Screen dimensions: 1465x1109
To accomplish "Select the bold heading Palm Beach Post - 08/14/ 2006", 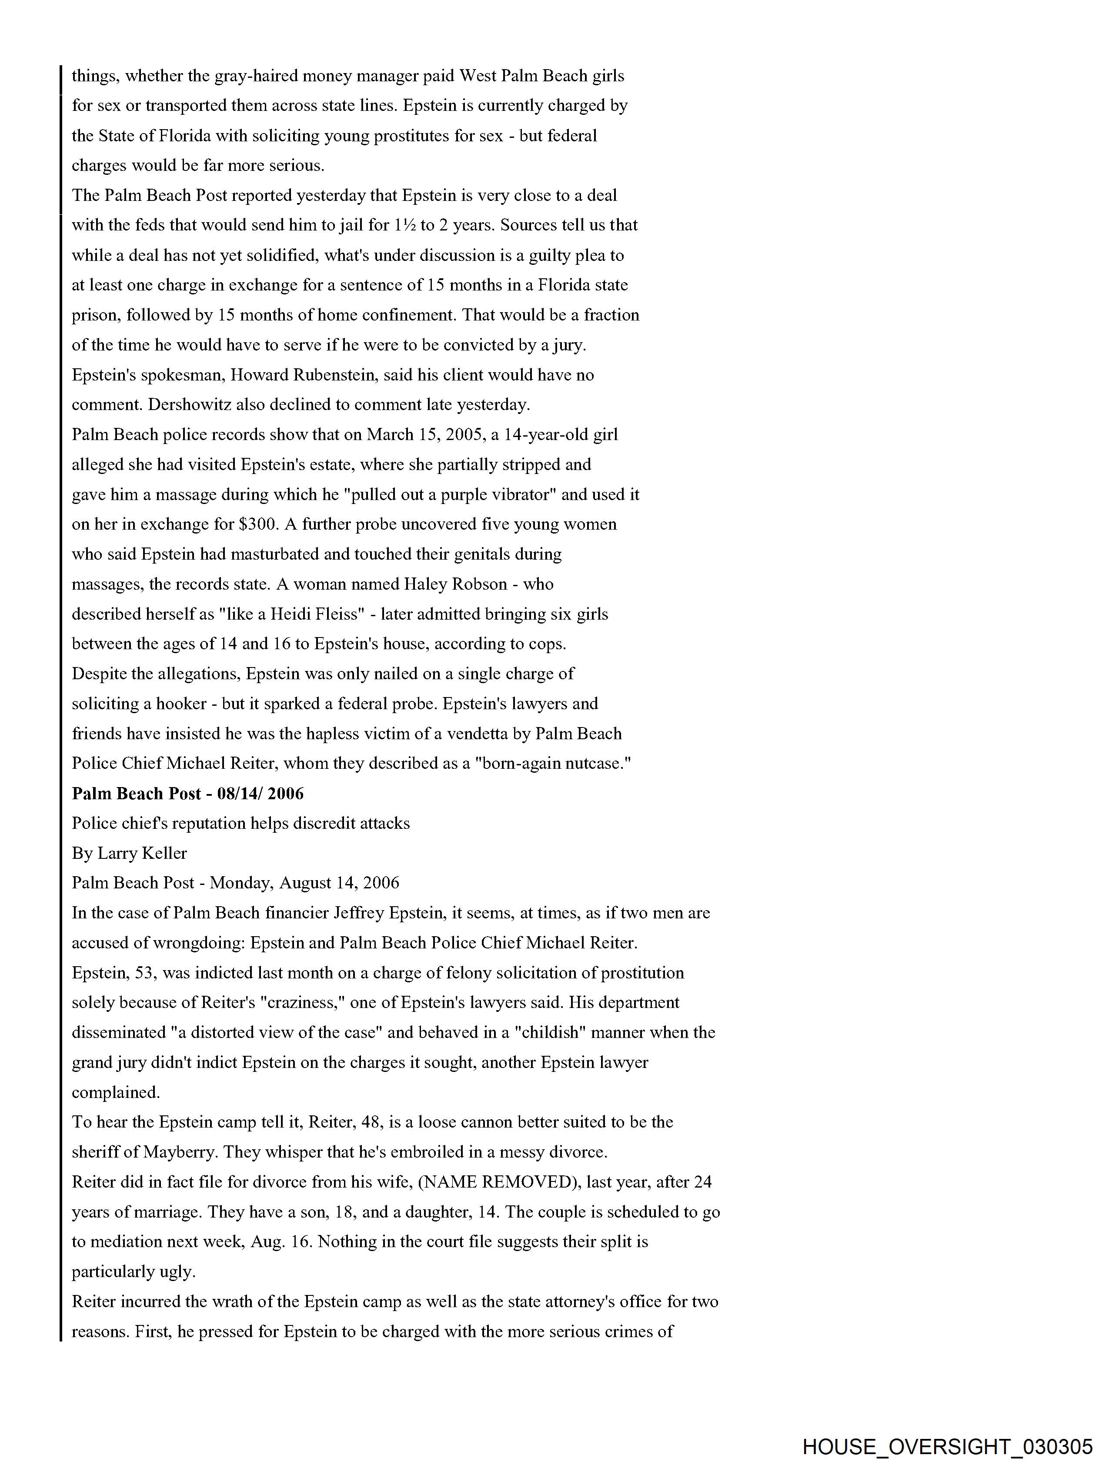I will pos(187,794).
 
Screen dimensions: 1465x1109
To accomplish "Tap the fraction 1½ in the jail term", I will pos(404,225).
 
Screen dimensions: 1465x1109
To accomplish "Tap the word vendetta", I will pos(481,734).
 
